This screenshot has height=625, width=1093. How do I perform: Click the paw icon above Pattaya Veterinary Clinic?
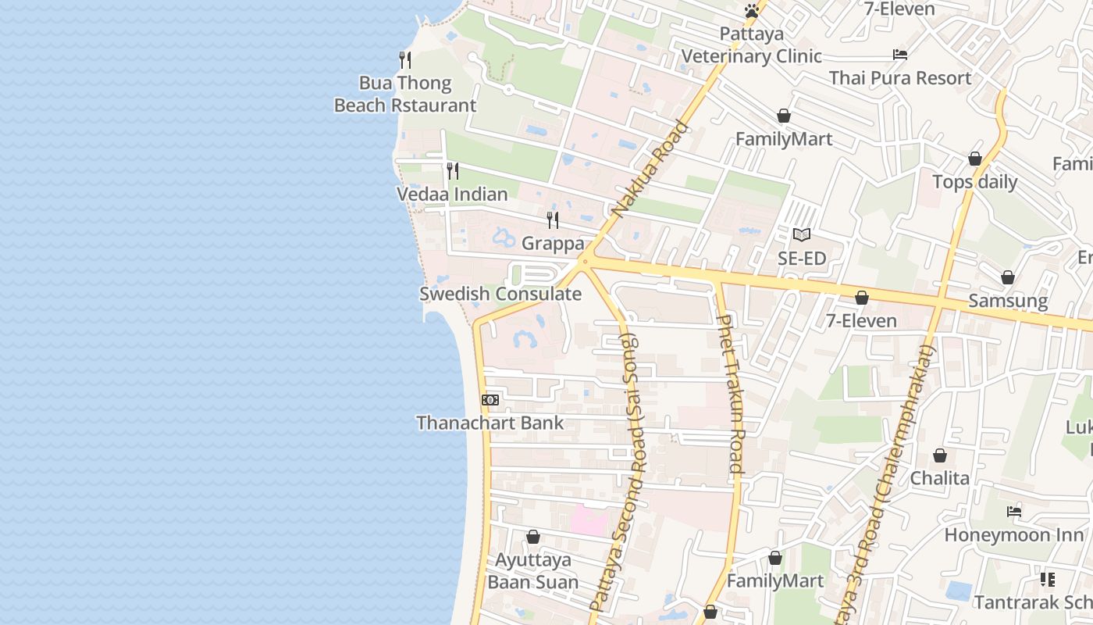(x=752, y=11)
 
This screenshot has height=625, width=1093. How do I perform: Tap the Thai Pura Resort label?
(x=900, y=78)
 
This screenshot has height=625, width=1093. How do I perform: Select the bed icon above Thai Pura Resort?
(x=900, y=55)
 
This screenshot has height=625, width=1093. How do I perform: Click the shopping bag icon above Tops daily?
(x=975, y=159)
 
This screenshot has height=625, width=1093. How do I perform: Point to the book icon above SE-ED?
(x=802, y=234)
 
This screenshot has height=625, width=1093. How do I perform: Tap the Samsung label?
(x=1008, y=301)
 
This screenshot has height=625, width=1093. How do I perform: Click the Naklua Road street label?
(x=650, y=169)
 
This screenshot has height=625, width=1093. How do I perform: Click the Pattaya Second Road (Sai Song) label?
(x=614, y=473)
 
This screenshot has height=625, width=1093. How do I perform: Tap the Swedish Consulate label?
(x=500, y=295)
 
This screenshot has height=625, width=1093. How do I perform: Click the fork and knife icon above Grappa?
(x=553, y=220)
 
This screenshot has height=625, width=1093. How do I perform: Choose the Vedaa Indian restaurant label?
(x=452, y=195)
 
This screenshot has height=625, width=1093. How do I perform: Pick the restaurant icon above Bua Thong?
(x=405, y=60)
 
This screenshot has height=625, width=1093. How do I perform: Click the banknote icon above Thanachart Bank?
(x=490, y=400)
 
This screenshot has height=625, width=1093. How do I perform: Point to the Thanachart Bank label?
(x=490, y=423)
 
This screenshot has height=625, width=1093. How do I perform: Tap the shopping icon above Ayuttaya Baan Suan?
(x=533, y=537)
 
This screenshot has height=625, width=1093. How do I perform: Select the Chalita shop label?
(x=940, y=478)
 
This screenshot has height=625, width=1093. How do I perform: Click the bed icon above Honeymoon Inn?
(x=1014, y=512)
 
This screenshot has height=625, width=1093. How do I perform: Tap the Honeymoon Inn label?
(x=1014, y=535)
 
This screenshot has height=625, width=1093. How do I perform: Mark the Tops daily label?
(x=975, y=182)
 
